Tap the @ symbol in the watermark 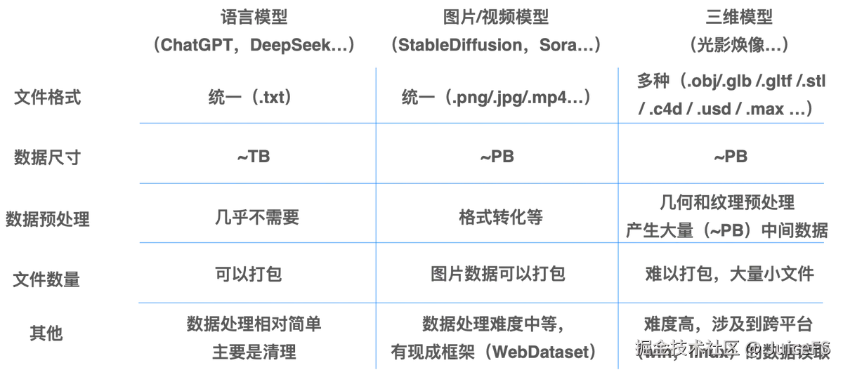(752, 348)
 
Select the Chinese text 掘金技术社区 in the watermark (688, 348)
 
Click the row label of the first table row (48, 96)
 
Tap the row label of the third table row (48, 219)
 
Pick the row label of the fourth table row (48, 280)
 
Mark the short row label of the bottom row (48, 332)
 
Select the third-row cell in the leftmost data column (258, 219)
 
